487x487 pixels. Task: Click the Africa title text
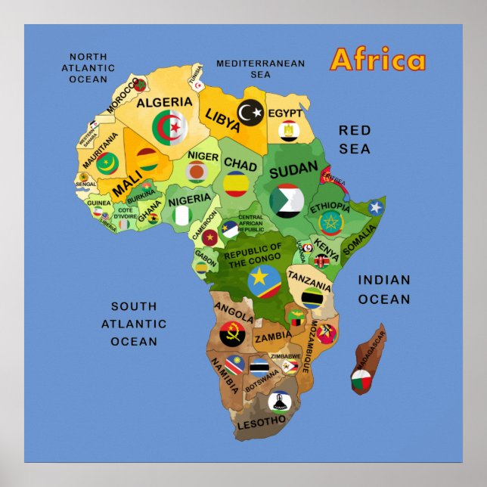pyautogui.click(x=378, y=60)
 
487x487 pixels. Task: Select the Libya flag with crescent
pyautogui.click(x=250, y=113)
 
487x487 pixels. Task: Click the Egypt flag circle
pyautogui.click(x=288, y=132)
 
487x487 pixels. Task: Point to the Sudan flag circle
pyautogui.click(x=287, y=200)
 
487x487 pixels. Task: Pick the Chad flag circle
pyautogui.click(x=236, y=184)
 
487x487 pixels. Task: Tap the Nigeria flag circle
pyautogui.click(x=182, y=216)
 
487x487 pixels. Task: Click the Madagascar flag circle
pyautogui.click(x=361, y=381)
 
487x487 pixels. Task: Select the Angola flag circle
pyautogui.click(x=232, y=333)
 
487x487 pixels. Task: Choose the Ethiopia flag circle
pyautogui.click(x=330, y=222)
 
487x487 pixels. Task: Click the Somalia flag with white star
pyautogui.click(x=376, y=207)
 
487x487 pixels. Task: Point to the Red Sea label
pyautogui.click(x=354, y=139)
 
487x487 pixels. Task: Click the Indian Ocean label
pyautogui.click(x=384, y=290)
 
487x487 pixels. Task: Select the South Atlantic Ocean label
pyautogui.click(x=134, y=324)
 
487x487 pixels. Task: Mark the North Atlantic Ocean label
pyautogui.click(x=88, y=68)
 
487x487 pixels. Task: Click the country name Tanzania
pyautogui.click(x=310, y=287)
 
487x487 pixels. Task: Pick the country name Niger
pyautogui.click(x=203, y=156)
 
